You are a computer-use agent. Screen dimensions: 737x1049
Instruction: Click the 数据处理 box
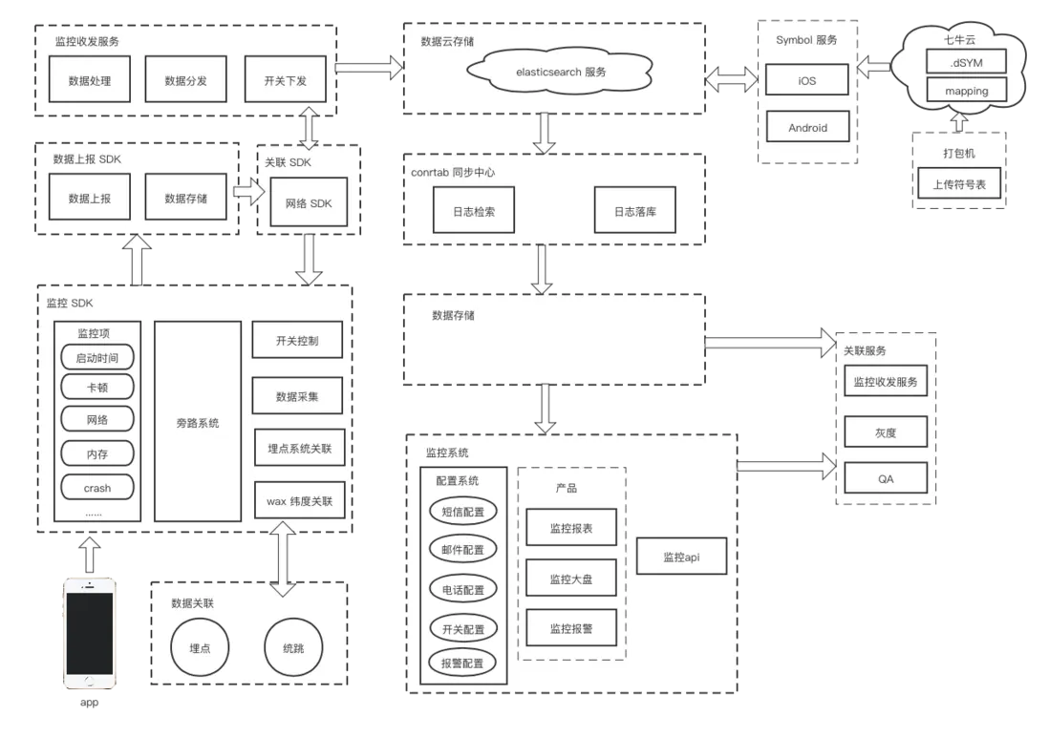[x=90, y=80]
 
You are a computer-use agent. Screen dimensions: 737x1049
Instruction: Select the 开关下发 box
[x=285, y=80]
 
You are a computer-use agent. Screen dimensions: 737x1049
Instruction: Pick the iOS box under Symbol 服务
[x=807, y=80]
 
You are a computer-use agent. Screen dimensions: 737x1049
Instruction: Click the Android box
[x=807, y=127]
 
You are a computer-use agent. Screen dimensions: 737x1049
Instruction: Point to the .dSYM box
[x=966, y=62]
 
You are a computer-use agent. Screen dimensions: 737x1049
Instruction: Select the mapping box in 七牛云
[x=966, y=92]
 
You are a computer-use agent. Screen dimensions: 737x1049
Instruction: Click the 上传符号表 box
[x=959, y=184]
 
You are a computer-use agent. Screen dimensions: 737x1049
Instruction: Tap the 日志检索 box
[x=474, y=211]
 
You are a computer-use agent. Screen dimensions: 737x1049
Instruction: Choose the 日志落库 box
[x=635, y=211]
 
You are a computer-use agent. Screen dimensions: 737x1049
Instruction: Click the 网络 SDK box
[x=309, y=203]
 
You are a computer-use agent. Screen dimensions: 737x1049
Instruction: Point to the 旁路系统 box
[x=198, y=421]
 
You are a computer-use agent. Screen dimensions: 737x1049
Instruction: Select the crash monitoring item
[x=96, y=488]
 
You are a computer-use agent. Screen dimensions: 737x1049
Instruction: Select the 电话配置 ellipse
[x=463, y=590]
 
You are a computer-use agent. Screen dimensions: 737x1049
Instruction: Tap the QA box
[x=886, y=478]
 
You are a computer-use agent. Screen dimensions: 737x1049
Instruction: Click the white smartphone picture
[x=87, y=631]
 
